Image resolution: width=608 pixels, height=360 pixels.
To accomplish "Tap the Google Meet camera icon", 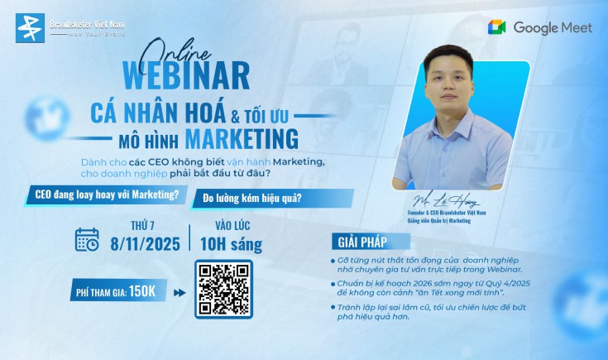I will pos(498,27).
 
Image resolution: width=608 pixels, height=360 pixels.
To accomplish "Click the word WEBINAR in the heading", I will pos(186,76).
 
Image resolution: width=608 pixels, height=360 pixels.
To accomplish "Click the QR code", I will pos(222,290).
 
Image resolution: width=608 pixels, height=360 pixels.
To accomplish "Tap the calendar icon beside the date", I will pos(87,239).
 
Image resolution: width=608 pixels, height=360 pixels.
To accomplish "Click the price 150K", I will pos(148,291).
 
